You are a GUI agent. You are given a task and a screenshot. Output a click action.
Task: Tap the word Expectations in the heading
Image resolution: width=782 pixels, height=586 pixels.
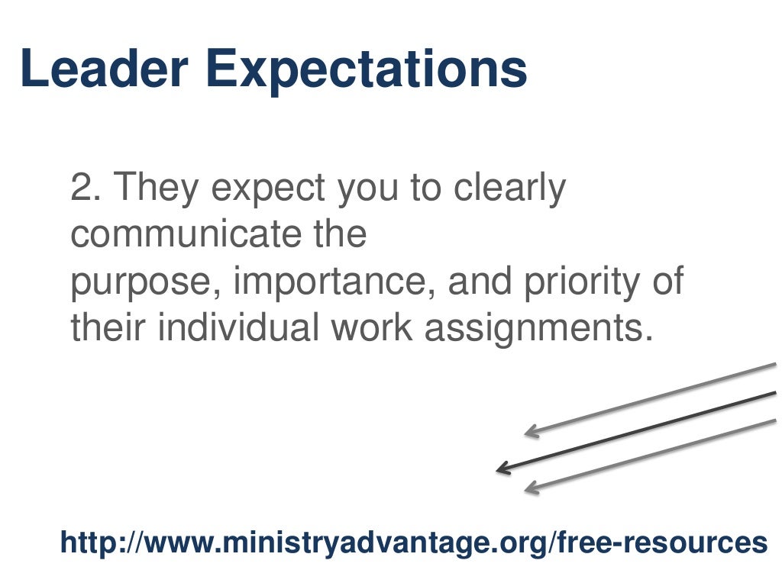(367, 70)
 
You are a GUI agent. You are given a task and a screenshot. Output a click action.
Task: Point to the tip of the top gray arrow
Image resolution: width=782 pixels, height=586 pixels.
(528, 433)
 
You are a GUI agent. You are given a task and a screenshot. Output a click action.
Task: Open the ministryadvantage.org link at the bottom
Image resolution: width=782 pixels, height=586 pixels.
(413, 543)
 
